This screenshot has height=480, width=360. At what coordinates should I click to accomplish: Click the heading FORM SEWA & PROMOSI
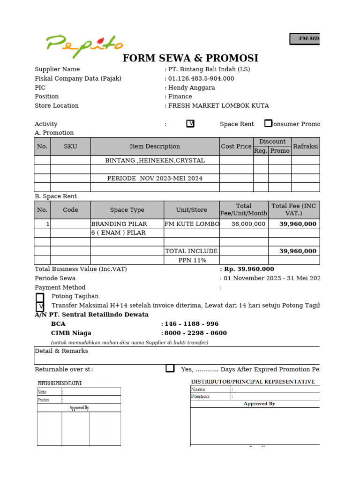[x=190, y=58]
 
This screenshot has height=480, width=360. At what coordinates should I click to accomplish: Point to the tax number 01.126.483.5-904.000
[x=201, y=78]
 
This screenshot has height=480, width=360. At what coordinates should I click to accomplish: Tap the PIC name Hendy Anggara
[x=192, y=88]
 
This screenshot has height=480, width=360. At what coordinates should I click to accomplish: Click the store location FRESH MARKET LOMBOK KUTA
[x=218, y=105]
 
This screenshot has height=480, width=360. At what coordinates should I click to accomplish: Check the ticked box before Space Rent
[x=190, y=124]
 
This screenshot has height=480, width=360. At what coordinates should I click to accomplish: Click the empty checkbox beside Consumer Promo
[x=268, y=123]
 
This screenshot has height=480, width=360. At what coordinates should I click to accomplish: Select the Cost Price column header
[x=236, y=146]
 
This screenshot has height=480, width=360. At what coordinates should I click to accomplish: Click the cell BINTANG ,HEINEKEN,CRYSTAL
[x=155, y=160]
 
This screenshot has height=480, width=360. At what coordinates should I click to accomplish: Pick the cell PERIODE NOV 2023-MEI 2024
[x=155, y=178]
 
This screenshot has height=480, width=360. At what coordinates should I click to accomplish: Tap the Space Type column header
[x=127, y=210]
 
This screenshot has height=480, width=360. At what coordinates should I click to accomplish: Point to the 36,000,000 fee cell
[x=248, y=224]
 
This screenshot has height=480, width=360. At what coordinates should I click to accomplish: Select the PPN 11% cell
[x=192, y=260]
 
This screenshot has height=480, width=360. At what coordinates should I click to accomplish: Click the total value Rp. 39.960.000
[x=249, y=269]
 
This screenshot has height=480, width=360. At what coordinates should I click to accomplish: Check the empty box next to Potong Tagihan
[x=40, y=297]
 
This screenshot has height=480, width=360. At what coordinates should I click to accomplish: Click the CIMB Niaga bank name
[x=71, y=333]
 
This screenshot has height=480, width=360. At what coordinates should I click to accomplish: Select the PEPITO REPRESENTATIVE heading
[x=60, y=383]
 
